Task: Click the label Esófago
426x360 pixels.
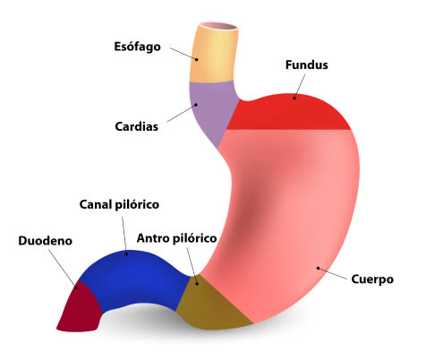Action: pos(137,47)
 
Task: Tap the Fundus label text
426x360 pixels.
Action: pos(307,65)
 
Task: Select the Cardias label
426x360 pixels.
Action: pos(137,126)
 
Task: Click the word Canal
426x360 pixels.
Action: pos(95,204)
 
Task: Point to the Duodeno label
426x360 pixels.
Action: pos(46,241)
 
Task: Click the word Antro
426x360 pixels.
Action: pos(152,238)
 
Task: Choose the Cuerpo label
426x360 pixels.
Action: pos(372,279)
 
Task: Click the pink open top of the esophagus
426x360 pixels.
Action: pos(222,26)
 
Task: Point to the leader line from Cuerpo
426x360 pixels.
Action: pos(333,274)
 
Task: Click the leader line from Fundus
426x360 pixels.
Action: pos(300,86)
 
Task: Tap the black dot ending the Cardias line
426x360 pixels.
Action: pos(196,105)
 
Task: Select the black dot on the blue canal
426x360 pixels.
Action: pos(126,254)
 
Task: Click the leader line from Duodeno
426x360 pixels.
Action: pos(63,269)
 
